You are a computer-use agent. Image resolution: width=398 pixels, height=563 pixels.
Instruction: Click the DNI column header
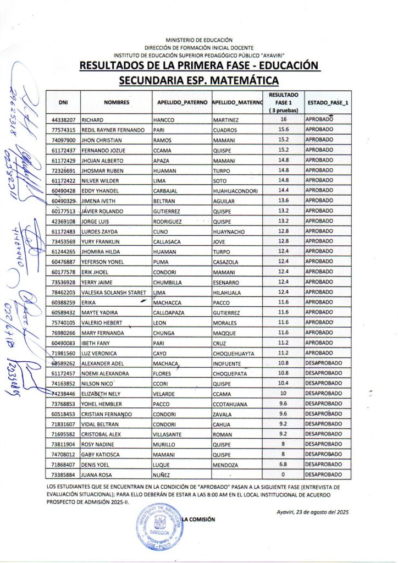point(63,102)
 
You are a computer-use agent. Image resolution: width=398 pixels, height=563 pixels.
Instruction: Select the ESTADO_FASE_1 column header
point(328,102)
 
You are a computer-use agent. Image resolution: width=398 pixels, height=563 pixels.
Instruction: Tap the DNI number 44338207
point(63,120)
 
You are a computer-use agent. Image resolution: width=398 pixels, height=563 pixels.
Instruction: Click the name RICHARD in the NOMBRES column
point(93,120)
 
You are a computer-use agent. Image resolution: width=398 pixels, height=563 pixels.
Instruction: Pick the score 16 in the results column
point(284,119)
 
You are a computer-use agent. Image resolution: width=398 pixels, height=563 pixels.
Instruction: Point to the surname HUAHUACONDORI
point(236,191)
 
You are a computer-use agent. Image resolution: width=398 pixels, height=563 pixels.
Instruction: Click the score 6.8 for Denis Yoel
point(284,465)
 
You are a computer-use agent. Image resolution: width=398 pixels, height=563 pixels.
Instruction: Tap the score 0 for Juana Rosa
point(284,474)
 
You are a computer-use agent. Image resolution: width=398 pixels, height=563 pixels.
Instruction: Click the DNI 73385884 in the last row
point(63,475)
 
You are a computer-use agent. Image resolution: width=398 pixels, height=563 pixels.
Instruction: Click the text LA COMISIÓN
point(199,520)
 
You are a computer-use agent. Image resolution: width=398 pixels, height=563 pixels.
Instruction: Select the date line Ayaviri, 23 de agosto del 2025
point(313,512)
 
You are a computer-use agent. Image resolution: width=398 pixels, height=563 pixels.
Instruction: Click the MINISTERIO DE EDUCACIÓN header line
point(199,40)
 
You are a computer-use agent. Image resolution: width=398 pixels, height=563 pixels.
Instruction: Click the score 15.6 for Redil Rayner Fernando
point(284,130)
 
